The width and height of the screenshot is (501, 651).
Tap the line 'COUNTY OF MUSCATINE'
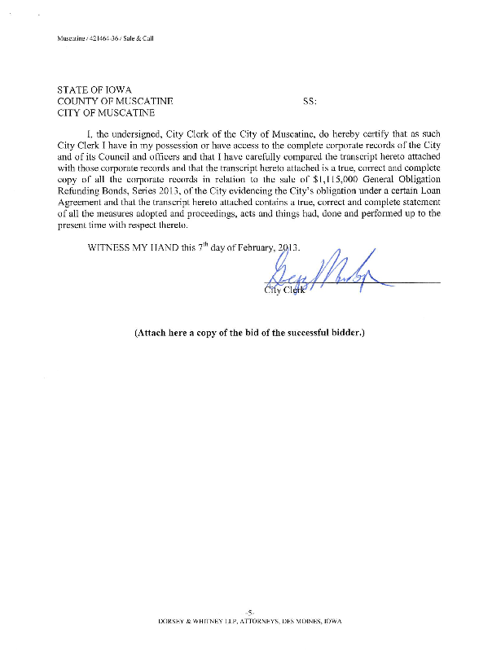coord(113,101)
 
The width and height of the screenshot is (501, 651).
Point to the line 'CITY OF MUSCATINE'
coord(105,112)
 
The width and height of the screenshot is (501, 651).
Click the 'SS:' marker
coord(310,101)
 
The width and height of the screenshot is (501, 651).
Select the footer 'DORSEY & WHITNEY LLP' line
coord(250,620)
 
